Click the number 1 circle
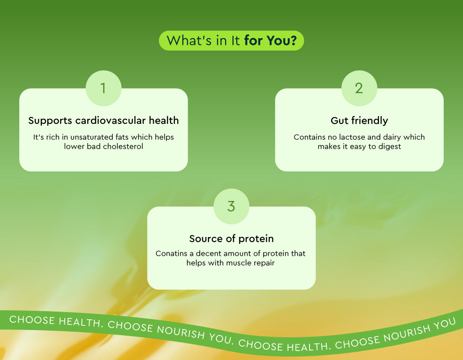[103, 88]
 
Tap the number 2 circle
[359, 88]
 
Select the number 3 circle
[231, 206]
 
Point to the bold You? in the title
[281, 40]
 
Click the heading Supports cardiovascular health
[103, 120]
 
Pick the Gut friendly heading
[359, 120]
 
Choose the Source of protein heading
[231, 238]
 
